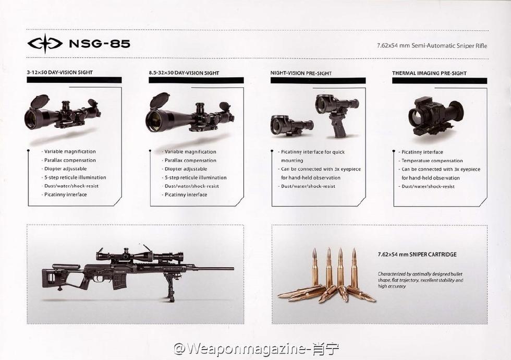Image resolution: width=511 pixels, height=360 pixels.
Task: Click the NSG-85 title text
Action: coord(100,43)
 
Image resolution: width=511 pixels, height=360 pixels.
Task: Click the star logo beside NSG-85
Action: coord(45,43)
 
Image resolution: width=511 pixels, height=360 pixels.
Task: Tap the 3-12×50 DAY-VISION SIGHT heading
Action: coord(60,73)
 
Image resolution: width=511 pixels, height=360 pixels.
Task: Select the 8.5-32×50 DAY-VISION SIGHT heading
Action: coord(184,73)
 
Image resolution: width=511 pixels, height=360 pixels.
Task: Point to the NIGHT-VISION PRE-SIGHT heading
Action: coord(301,73)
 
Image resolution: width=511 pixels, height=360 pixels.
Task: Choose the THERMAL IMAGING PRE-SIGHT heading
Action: coord(429,73)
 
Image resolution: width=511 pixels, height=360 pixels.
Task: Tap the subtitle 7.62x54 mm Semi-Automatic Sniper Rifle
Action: coord(432,46)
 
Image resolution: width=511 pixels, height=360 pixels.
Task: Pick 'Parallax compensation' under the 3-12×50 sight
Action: coord(70,160)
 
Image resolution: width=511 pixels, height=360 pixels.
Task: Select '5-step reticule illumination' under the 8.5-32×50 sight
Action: coord(195,177)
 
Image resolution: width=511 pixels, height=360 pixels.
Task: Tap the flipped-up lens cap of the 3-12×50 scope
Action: coord(39,100)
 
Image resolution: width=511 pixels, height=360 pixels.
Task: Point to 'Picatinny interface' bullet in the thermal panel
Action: coord(422,152)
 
